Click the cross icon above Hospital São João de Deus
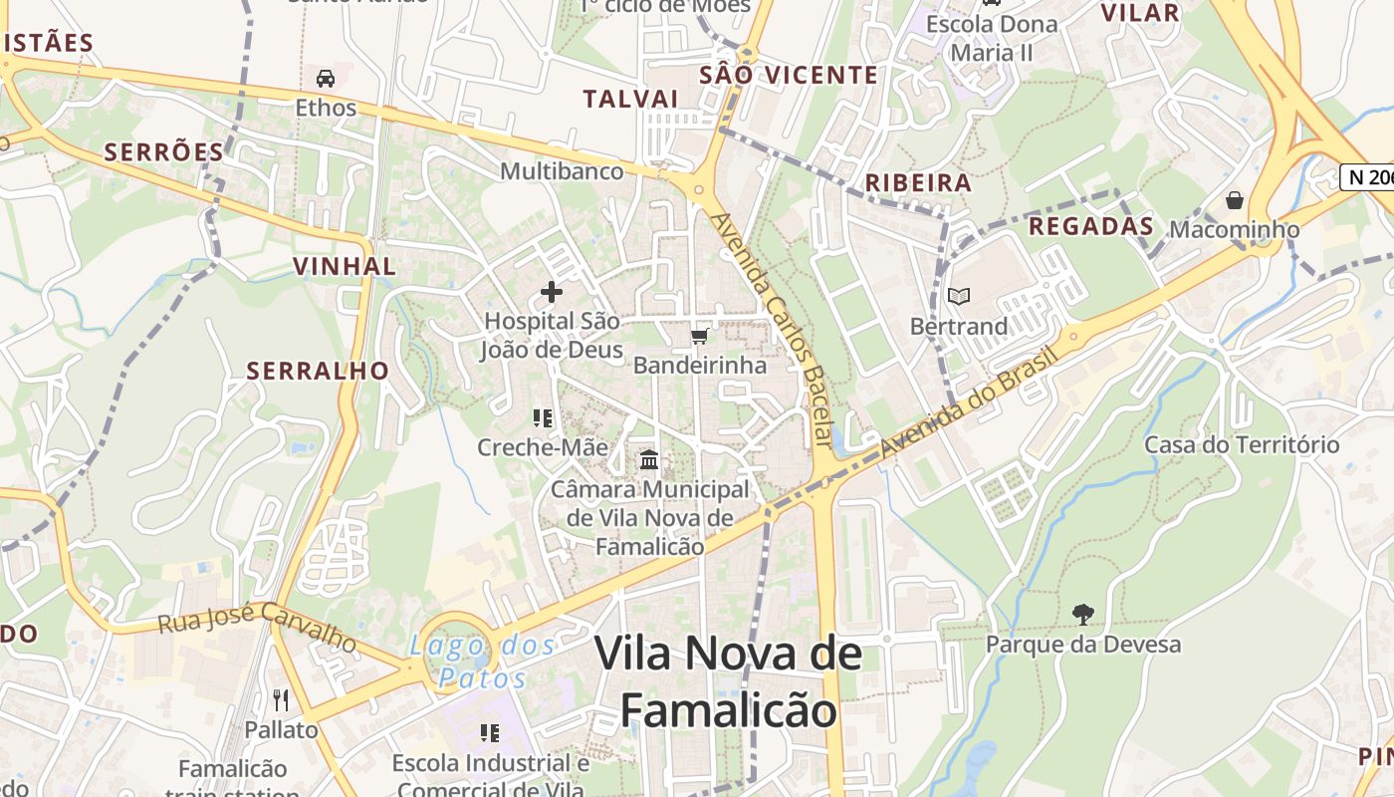click(x=551, y=292)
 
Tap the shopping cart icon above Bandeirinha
click(x=700, y=336)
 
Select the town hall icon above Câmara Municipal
click(x=649, y=460)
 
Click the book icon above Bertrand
click(x=959, y=296)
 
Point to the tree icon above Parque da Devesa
click(x=1082, y=614)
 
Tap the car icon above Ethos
click(x=326, y=78)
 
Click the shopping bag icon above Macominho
click(x=1235, y=200)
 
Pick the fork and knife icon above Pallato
click(x=281, y=700)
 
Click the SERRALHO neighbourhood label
click(x=318, y=371)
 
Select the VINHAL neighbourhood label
click(x=345, y=266)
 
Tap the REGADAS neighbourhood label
click(x=1090, y=226)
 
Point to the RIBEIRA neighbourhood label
click(x=918, y=182)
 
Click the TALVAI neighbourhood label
click(x=630, y=98)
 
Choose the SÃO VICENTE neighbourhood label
click(x=789, y=75)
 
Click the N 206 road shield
click(x=1368, y=176)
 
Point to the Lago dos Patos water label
click(x=482, y=662)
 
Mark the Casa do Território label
click(x=1242, y=444)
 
